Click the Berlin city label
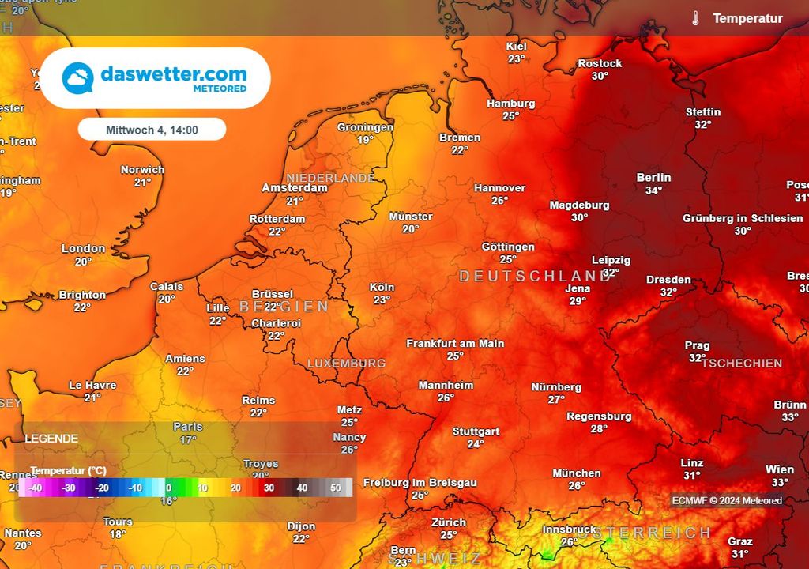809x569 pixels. point(653,178)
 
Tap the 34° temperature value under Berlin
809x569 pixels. point(653,190)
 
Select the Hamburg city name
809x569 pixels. point(510,104)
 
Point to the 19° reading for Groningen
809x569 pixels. point(365,140)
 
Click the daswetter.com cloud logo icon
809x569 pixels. point(78,77)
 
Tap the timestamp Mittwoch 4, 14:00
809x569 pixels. point(152,130)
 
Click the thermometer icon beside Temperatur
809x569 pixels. point(695,19)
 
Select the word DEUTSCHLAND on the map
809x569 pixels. point(536,276)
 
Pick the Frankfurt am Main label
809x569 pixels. point(455,344)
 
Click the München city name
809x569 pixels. point(577,473)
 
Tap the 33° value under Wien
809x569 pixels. point(780,482)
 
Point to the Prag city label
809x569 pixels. point(698,345)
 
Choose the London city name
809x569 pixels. point(83,249)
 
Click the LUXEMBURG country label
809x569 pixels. point(346,364)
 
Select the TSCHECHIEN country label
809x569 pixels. point(742,364)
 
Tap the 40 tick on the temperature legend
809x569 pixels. point(302,488)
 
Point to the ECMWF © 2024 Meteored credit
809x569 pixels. point(727,500)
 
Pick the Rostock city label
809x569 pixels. point(600,63)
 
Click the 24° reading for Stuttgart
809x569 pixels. point(475,444)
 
